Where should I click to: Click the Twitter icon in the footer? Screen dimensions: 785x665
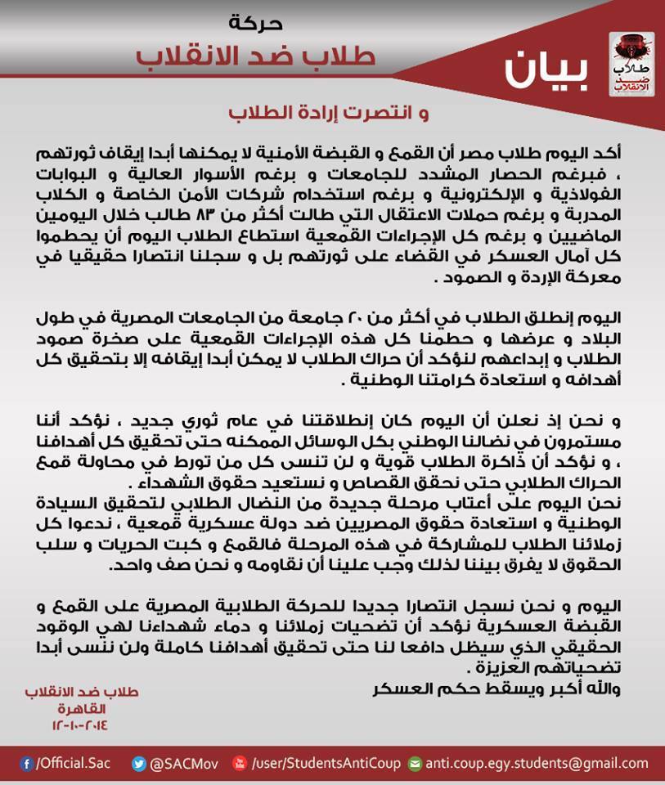139,764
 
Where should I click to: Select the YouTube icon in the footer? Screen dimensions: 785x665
240,764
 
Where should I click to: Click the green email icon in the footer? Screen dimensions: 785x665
415,764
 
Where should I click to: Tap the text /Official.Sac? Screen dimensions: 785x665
73,764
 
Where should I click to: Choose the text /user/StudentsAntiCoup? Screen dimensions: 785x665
326,764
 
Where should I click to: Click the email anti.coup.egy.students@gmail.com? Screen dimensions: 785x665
537,764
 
